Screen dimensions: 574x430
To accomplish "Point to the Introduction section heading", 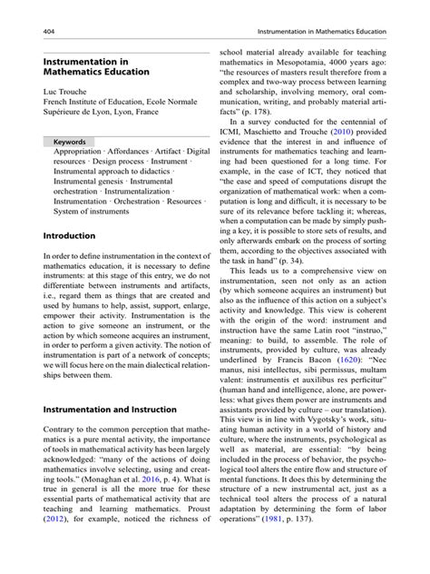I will coord(69,235).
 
